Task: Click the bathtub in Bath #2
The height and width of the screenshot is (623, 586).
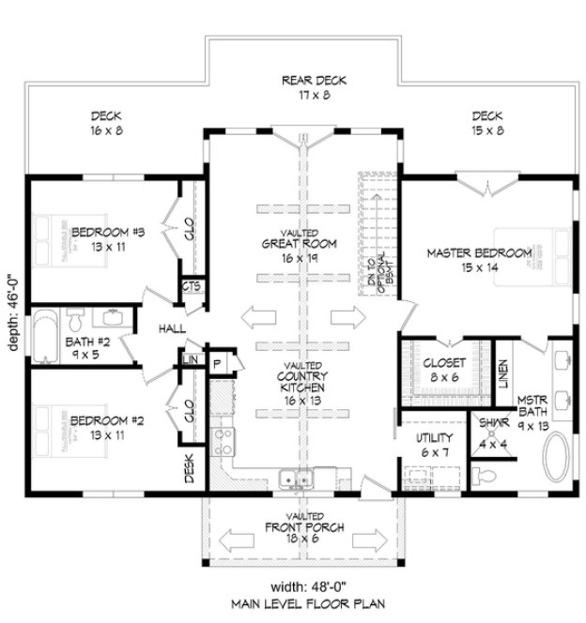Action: tap(43, 336)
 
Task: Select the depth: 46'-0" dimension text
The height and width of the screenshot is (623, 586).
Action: tap(12, 312)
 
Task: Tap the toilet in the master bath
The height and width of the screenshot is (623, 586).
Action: tap(486, 478)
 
